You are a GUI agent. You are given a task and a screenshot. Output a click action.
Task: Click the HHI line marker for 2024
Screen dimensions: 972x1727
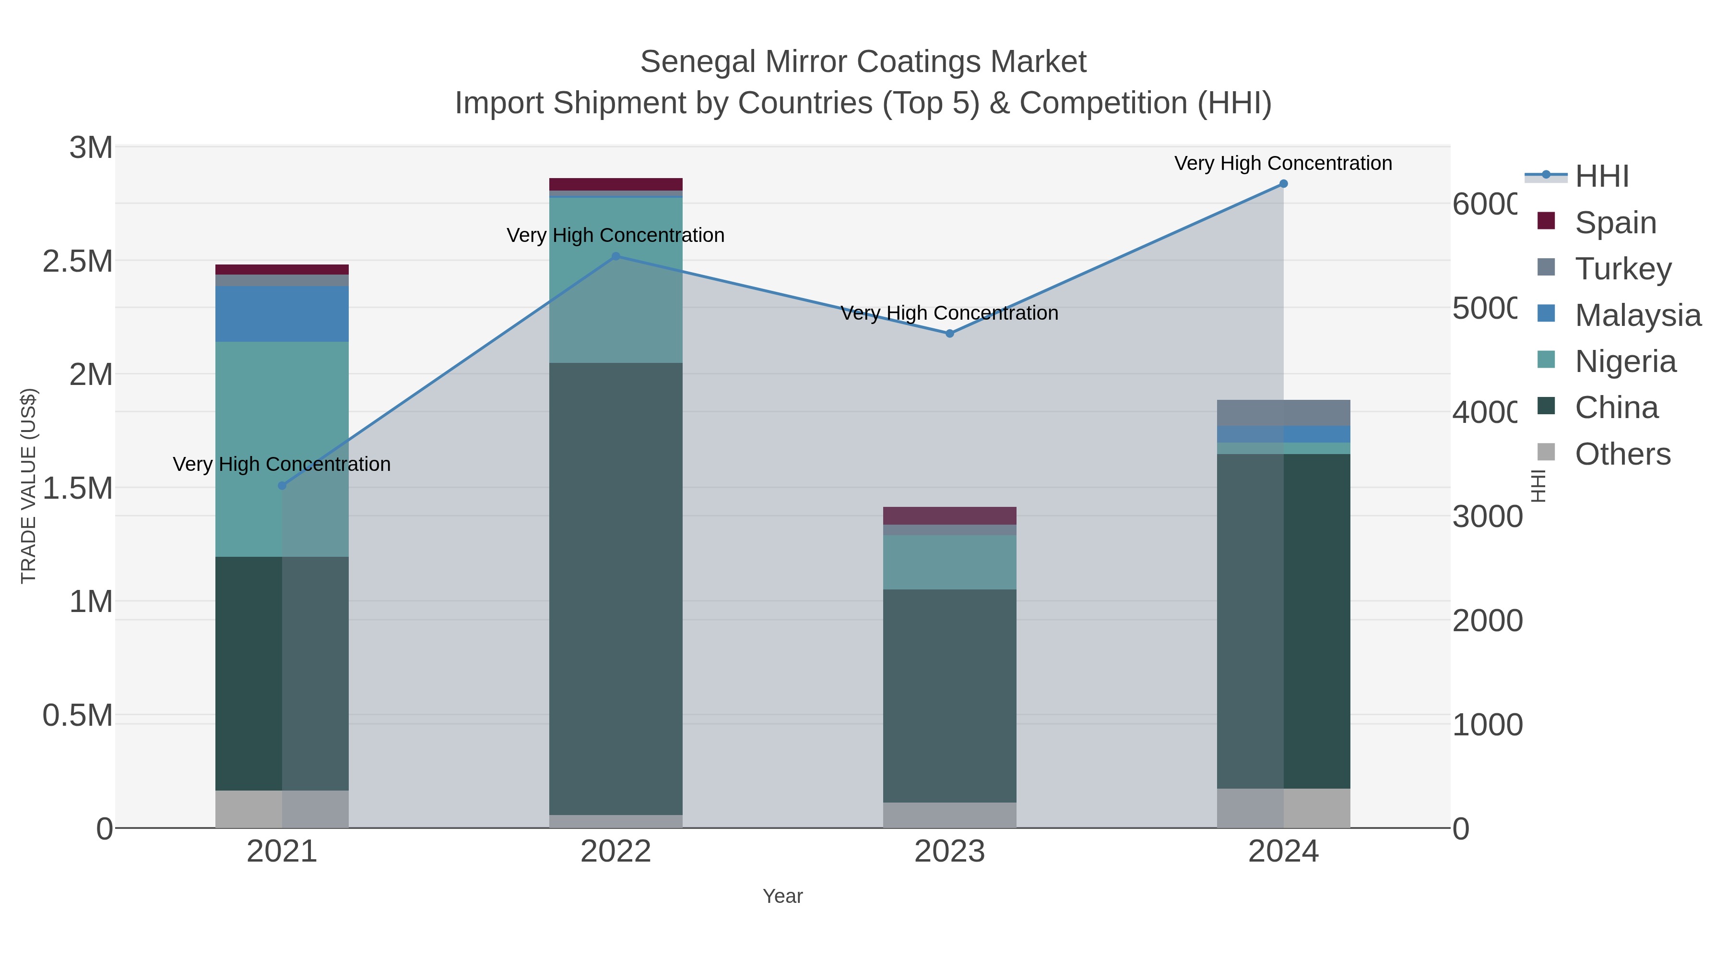pos(1283,184)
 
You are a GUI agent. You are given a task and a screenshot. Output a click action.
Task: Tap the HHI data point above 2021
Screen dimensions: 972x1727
pos(282,486)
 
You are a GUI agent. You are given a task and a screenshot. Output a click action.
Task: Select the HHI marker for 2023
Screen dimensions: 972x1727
pos(949,334)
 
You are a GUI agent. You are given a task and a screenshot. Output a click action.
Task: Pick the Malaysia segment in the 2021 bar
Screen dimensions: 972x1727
pos(282,314)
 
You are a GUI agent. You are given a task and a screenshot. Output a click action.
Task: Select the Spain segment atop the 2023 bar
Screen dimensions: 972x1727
pos(949,516)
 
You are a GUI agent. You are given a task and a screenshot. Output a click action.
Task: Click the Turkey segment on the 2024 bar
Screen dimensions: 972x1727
pos(1283,412)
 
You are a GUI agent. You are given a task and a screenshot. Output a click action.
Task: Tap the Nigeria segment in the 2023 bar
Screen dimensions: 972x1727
pos(949,562)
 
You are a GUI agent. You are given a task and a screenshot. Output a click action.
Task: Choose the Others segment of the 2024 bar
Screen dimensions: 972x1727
pos(1283,808)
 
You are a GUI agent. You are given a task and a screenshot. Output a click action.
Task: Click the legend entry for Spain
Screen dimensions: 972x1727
pos(1615,223)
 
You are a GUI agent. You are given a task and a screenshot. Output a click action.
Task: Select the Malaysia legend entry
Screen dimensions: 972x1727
pos(1637,315)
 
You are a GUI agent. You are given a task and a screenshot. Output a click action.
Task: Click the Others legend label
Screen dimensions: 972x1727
pos(1622,454)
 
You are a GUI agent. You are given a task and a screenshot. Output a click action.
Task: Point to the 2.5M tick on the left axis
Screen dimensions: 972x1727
pos(78,262)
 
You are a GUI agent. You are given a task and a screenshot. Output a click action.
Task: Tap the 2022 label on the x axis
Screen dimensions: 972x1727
pos(615,852)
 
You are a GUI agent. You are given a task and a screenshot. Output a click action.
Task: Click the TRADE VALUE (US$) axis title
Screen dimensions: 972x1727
pos(28,486)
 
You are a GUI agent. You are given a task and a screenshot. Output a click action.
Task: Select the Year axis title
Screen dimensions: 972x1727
pos(782,896)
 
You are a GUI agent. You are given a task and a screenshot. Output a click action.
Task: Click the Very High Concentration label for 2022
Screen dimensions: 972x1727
pos(615,236)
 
